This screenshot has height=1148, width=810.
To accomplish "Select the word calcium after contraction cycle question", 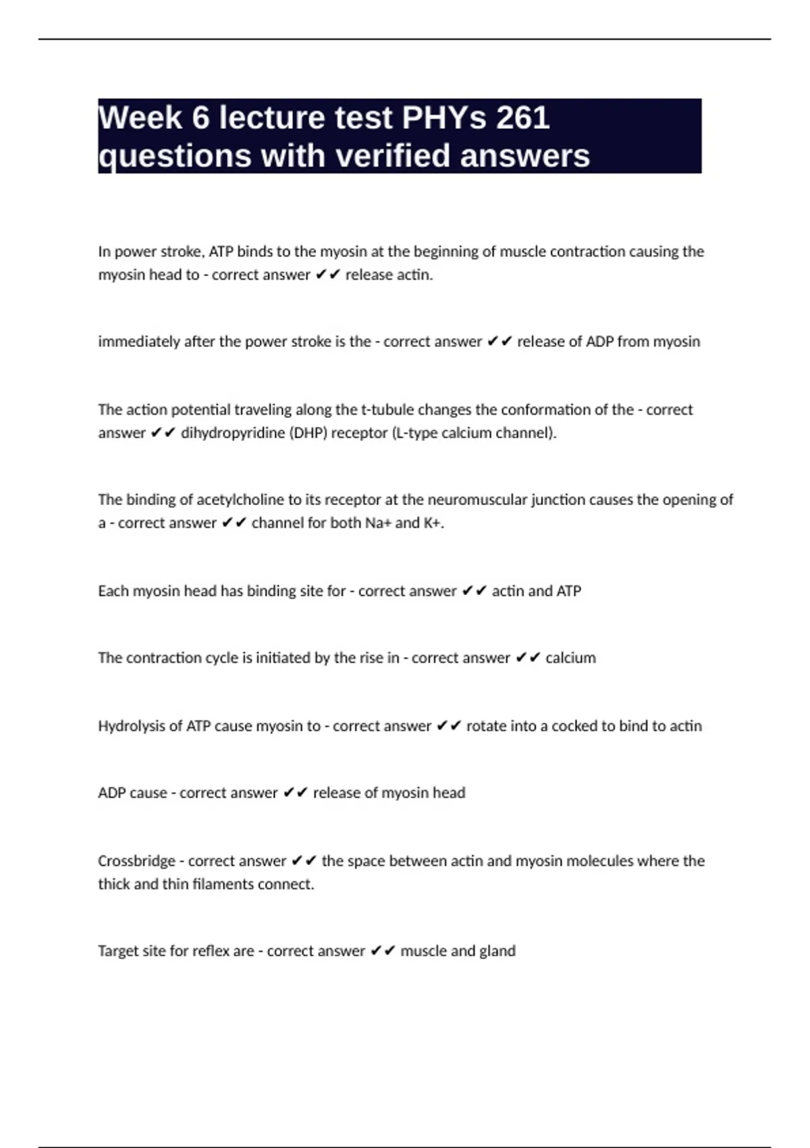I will [570, 658].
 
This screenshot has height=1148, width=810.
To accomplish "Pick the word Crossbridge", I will [136, 861].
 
